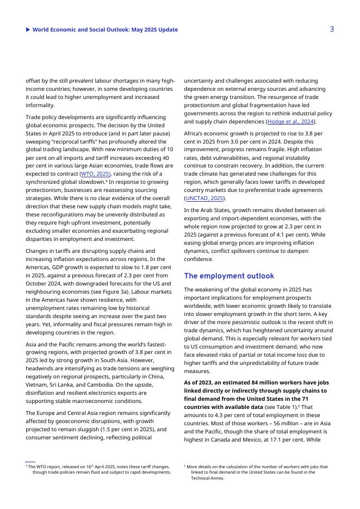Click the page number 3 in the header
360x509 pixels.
pos(332,29)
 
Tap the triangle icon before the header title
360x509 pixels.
pos(28,30)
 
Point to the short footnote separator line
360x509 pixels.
pos(30,462)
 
